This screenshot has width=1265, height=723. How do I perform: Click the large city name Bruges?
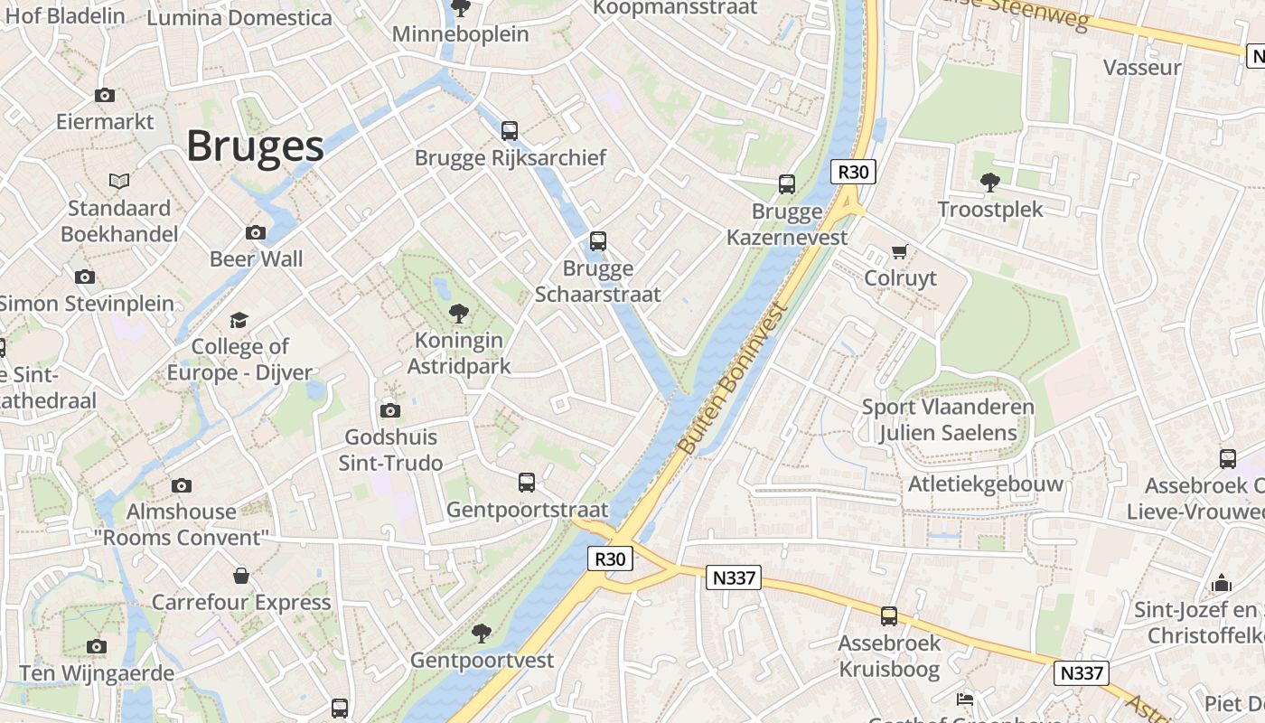[x=255, y=146]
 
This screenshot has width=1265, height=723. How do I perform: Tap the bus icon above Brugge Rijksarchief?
[x=510, y=131]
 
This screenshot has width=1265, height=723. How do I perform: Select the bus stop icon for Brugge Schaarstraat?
[x=597, y=241]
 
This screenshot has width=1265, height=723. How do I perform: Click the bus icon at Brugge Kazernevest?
[x=787, y=184]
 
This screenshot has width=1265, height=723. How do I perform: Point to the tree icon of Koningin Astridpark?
[x=459, y=314]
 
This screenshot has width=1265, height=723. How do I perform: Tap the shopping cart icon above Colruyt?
[x=899, y=251]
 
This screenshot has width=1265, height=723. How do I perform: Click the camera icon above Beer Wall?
[x=256, y=233]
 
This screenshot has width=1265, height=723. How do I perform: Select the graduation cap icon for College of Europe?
[x=239, y=320]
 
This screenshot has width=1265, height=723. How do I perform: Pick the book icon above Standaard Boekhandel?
[x=119, y=181]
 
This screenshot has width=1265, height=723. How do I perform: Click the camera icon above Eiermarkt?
[x=105, y=95]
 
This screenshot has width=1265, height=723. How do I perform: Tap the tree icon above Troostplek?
[x=990, y=182]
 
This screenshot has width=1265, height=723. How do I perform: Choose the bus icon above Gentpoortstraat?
[x=527, y=483]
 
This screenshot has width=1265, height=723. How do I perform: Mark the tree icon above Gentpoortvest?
[x=482, y=633]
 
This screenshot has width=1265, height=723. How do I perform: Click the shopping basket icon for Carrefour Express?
[x=241, y=576]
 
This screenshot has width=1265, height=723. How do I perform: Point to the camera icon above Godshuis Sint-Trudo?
[x=390, y=410]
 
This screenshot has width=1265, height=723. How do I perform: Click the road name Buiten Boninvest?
[x=732, y=380]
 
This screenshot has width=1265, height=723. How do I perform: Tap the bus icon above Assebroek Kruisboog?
[x=889, y=616]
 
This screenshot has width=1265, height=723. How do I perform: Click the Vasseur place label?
[x=1142, y=68]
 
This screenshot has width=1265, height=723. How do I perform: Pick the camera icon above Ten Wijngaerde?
[x=97, y=646]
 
